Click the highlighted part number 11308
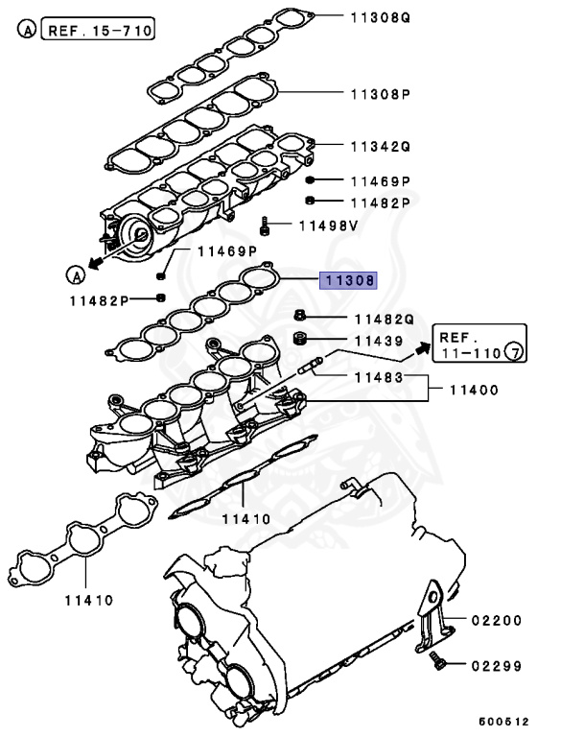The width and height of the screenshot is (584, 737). pos(349,281)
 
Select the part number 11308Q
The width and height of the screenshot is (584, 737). pos(380,16)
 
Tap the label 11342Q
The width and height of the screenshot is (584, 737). pos(380,146)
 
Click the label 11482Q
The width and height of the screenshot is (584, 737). pos(384,319)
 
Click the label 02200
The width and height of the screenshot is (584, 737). pos(497,620)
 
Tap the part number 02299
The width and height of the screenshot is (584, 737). pos(497,664)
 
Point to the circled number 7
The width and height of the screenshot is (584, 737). pos(515,354)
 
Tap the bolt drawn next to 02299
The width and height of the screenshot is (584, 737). pos(438,661)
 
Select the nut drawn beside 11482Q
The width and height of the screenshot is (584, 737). pos(299,317)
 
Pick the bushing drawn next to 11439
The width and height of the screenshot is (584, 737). pos(298,340)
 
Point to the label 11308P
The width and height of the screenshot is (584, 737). pos(380,94)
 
